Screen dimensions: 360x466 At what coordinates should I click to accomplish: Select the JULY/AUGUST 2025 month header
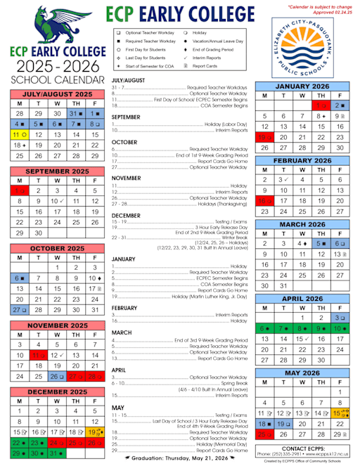coord(57,93)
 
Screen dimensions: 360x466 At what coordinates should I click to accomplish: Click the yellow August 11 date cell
coord(20,134)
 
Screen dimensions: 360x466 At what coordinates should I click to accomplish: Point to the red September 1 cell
coord(20,190)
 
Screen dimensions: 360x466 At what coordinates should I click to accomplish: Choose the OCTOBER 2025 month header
coord(57,248)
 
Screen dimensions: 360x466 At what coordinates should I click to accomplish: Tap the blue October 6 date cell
coord(20,278)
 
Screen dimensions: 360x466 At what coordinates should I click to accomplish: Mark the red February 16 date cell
coord(264,200)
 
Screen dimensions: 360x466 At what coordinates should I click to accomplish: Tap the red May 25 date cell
coord(264,434)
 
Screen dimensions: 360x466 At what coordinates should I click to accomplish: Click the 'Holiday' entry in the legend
coord(196,33)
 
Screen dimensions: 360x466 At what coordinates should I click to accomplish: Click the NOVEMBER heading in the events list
coord(127,178)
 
